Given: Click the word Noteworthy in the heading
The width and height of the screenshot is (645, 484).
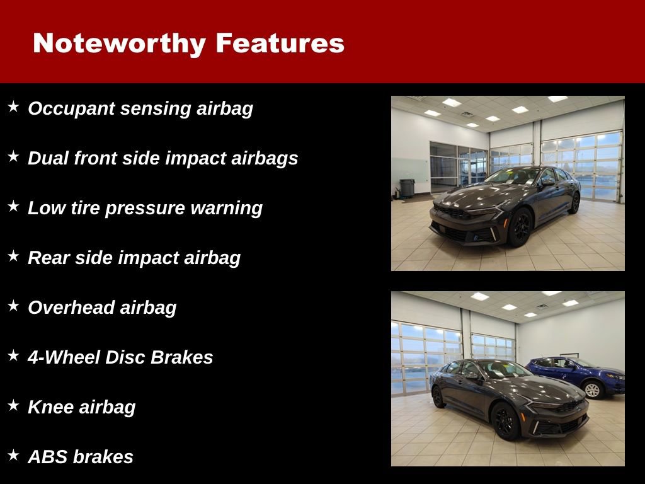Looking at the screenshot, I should (x=119, y=43).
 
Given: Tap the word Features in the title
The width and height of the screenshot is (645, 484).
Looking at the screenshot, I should (x=280, y=43).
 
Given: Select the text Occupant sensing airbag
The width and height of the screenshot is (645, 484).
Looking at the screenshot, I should (x=140, y=108).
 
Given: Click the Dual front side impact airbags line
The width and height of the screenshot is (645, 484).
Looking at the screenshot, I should (x=163, y=158).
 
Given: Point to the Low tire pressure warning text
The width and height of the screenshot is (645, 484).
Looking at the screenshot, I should (x=145, y=208).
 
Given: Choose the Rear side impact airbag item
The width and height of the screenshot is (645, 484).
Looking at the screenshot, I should (x=134, y=258).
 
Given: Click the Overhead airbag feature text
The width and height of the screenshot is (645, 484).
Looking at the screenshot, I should (x=102, y=308).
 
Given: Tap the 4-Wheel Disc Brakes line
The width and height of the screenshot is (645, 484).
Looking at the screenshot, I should (x=120, y=357).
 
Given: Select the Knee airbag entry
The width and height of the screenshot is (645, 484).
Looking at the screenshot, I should (x=81, y=407).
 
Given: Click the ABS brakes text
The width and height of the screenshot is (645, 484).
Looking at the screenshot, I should (x=81, y=457).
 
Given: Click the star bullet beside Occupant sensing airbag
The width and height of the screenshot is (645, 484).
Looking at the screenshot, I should (x=13, y=107).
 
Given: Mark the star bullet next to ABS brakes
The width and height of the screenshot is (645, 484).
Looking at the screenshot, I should (x=13, y=456).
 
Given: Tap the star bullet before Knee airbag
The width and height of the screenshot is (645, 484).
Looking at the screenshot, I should (x=13, y=406).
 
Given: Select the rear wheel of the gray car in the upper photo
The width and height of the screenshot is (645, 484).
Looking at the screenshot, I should (x=574, y=203).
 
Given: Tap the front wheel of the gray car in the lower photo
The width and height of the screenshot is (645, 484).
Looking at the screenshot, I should (x=504, y=421).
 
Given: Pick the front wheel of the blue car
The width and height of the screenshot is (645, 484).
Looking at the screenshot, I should (x=592, y=390).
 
